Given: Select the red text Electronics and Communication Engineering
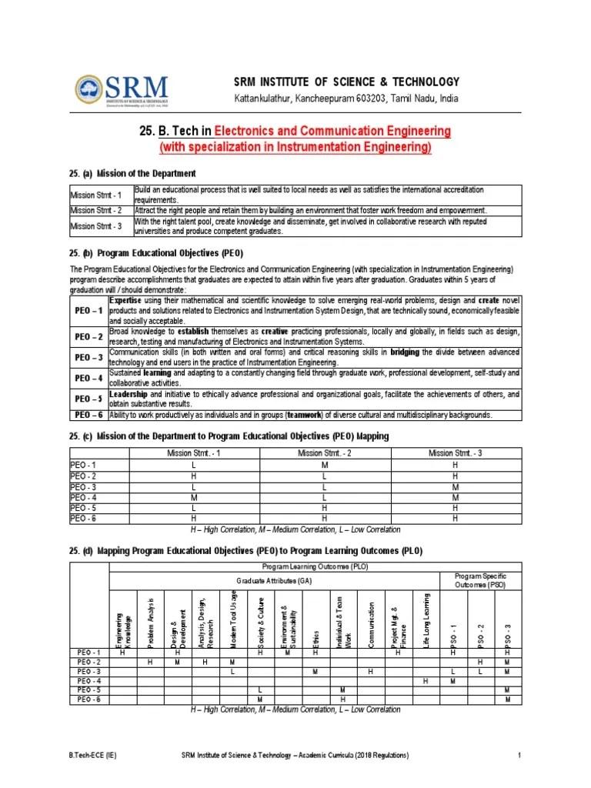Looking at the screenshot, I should pyautogui.click(x=332, y=132).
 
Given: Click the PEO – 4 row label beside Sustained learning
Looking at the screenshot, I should pyautogui.click(x=89, y=378).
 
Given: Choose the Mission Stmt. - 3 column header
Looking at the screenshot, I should pyautogui.click(x=455, y=453).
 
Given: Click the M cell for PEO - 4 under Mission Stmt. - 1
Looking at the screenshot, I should pyautogui.click(x=194, y=498).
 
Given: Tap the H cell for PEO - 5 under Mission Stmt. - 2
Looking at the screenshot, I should pyautogui.click(x=325, y=509).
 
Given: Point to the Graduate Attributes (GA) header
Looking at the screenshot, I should pyautogui.click(x=274, y=579).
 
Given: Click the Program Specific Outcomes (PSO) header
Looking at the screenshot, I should pyautogui.click(x=479, y=579).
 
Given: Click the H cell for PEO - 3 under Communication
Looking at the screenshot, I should pyautogui.click(x=370, y=672).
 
